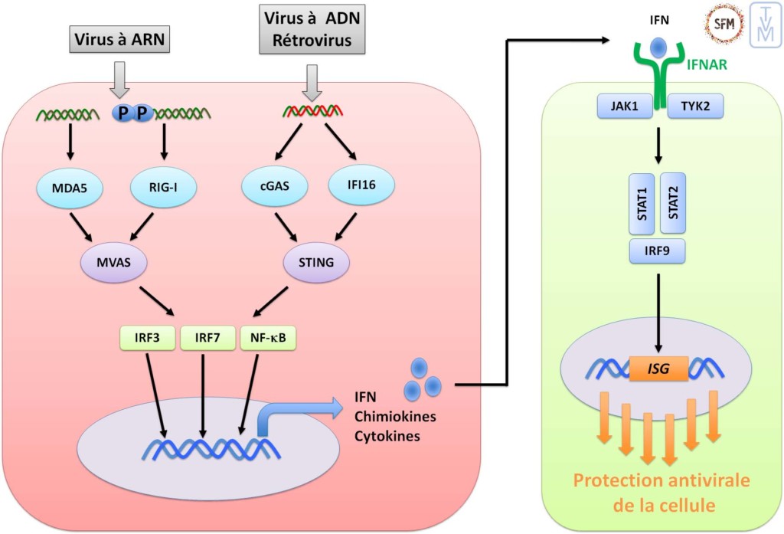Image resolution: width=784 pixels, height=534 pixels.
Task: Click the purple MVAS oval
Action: pyautogui.click(x=116, y=263)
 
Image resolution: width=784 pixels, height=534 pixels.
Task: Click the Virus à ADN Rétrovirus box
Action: pyautogui.click(x=310, y=28)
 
